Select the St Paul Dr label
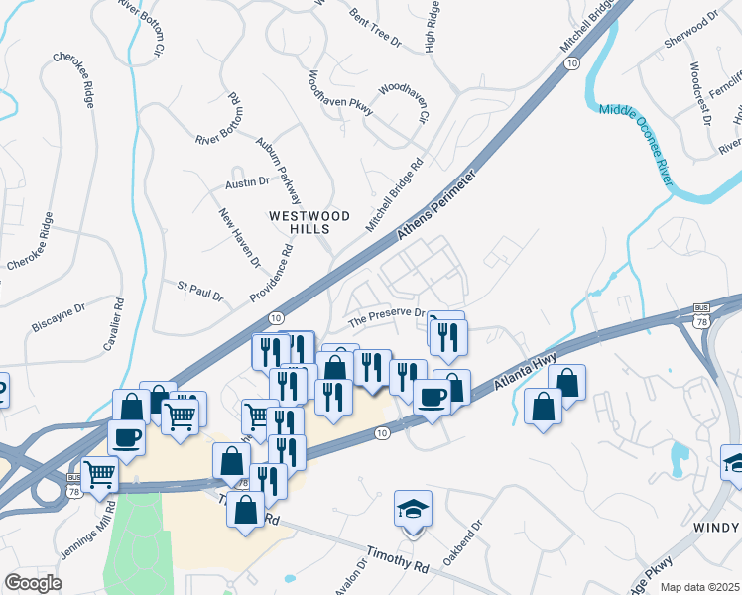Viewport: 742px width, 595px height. [200, 291]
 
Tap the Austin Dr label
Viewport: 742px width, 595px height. [247, 182]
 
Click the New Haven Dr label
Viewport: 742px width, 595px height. [240, 238]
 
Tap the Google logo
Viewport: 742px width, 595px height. [34, 583]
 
